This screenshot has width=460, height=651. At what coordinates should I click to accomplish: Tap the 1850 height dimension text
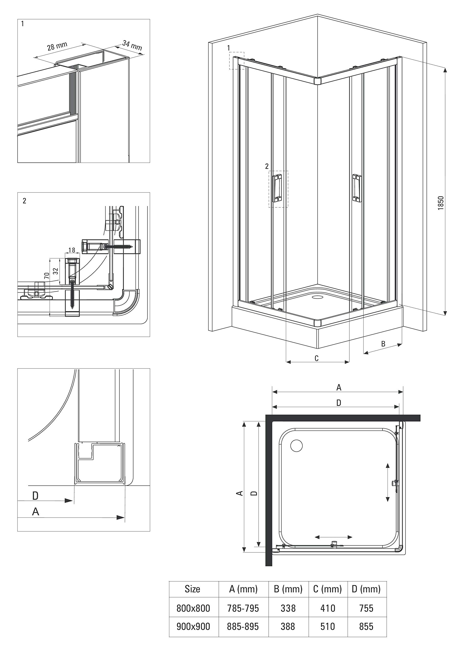tap(440, 203)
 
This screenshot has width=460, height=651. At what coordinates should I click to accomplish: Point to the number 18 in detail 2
tap(72, 250)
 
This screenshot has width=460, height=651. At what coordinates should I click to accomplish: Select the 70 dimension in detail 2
tap(47, 275)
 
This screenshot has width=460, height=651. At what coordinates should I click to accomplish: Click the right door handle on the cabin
tap(357, 188)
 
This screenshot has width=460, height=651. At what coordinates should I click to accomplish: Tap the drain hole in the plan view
tap(297, 446)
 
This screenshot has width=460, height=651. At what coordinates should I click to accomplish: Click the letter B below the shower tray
tap(383, 344)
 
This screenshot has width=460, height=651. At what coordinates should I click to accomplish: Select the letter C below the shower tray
tap(317, 358)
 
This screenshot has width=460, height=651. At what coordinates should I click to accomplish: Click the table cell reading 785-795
tap(243, 608)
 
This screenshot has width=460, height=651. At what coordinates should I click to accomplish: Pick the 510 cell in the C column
tap(328, 626)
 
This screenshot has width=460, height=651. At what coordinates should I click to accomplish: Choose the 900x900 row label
tap(193, 626)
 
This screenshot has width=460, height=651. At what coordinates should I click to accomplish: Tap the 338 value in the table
tap(288, 608)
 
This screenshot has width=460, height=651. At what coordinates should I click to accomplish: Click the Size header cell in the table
tap(192, 589)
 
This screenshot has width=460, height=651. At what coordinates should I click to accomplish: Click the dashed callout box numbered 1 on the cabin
tap(236, 60)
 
